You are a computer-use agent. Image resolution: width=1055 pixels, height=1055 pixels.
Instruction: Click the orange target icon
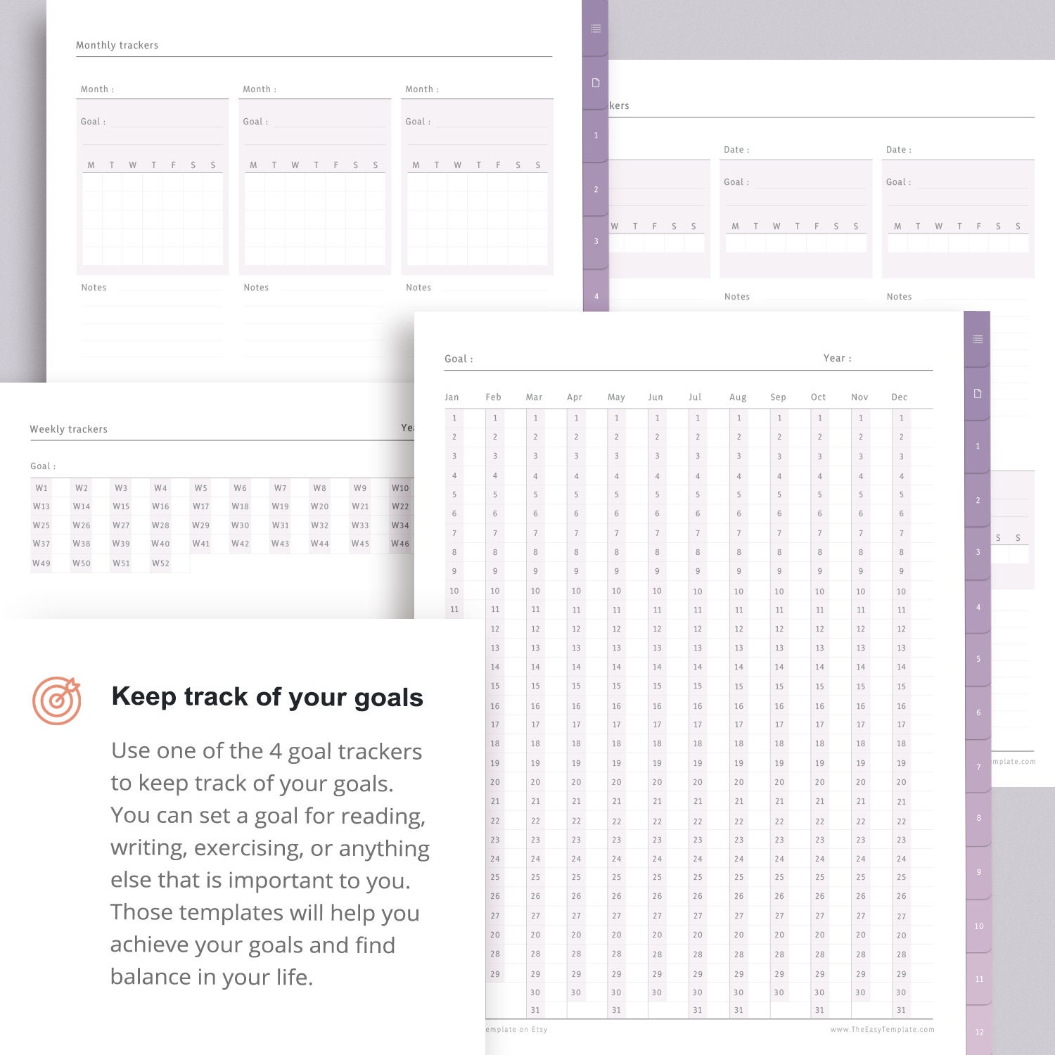coord(57,701)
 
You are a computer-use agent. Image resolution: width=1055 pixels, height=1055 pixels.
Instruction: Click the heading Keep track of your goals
coord(267,697)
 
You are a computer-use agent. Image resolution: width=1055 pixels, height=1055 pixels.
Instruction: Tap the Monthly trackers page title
coord(117,46)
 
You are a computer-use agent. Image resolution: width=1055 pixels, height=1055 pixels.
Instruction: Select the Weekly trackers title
coord(68,429)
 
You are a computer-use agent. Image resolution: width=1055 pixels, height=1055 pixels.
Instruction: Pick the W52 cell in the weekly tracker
coord(160,563)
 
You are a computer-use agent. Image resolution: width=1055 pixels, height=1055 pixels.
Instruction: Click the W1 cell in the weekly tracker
coord(41,488)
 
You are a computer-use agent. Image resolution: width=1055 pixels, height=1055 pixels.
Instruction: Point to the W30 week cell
coord(240,525)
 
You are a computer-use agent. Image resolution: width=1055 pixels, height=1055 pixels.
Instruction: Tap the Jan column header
coord(452,397)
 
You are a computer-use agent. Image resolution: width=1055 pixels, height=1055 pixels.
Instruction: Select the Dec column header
coord(899,397)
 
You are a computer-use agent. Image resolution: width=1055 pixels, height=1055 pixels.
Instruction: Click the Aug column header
coord(738,397)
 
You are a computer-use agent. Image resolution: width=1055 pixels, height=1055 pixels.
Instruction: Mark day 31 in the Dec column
coord(901,1011)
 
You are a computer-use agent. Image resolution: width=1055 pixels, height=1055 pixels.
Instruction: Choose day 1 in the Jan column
coord(454,418)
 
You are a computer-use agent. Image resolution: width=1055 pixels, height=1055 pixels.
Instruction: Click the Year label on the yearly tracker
coord(837,359)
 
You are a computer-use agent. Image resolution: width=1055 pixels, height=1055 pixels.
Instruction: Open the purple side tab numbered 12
coord(979,1032)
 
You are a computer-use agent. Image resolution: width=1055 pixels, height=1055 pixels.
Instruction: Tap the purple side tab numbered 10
coord(979,926)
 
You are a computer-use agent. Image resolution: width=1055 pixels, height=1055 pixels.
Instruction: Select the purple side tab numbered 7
coord(978,767)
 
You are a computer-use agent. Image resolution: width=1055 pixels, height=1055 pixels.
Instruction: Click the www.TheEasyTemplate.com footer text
coord(882,1030)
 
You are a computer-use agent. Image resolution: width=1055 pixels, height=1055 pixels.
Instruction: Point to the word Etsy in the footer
coord(539,1030)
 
